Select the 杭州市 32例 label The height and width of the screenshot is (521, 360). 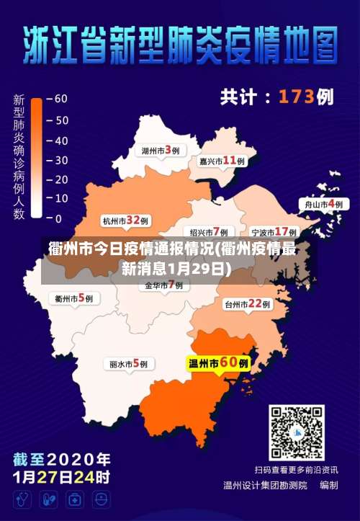[x=125, y=221]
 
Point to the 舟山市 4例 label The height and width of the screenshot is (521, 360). [x=324, y=205]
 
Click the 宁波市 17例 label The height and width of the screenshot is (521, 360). [x=274, y=232]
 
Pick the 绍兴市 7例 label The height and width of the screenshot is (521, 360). [x=209, y=232]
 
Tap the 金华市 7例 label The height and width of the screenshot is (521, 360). [x=164, y=285]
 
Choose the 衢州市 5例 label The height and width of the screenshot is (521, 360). [x=74, y=298]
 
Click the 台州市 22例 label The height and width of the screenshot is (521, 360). [x=246, y=304]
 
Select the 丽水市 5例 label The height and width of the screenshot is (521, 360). [x=128, y=365]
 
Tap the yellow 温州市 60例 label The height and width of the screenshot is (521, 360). [x=218, y=363]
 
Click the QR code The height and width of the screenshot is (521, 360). [x=297, y=432]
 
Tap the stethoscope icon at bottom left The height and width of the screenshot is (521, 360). [x=24, y=499]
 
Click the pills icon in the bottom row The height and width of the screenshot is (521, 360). [x=49, y=499]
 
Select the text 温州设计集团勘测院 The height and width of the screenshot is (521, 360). [x=265, y=485]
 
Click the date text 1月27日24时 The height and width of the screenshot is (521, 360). [x=61, y=476]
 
